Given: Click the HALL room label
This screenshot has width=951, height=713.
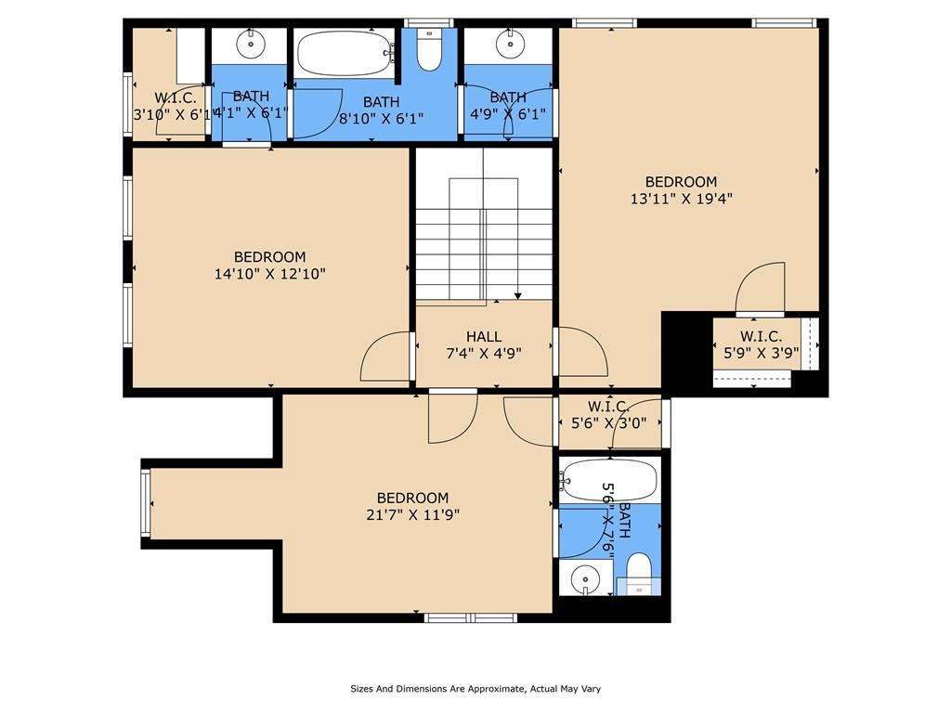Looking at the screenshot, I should tap(484, 337).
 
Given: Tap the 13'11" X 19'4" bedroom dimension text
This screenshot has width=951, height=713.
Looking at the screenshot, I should tap(682, 198).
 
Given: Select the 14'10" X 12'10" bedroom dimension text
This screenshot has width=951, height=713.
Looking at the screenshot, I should tap(269, 274).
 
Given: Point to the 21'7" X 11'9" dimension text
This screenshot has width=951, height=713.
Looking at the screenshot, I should tap(412, 514).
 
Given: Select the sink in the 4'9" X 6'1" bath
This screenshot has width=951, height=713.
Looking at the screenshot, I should tap(508, 43).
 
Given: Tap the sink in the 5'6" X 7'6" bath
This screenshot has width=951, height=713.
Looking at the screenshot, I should tap(585, 579).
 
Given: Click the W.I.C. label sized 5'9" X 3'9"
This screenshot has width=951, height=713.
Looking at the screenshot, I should tap(761, 337).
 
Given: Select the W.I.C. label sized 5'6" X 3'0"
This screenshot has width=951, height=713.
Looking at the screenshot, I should tap(608, 407).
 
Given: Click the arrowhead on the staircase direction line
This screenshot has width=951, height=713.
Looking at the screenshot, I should tap(517, 295).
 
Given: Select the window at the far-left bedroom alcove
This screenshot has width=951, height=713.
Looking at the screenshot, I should tap(145, 502).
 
